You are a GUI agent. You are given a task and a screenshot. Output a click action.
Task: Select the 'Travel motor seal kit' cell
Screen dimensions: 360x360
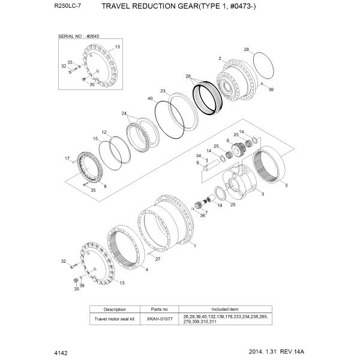click(x=114, y=319)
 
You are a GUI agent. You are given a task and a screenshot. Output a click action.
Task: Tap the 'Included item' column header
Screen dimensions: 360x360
click(x=226, y=310)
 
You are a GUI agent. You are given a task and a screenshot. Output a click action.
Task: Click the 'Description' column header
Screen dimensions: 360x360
click(x=114, y=310)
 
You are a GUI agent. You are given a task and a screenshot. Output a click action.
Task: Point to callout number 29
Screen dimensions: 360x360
click(x=246, y=49)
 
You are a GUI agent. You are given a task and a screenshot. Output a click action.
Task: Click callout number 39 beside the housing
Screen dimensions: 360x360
click(x=271, y=89)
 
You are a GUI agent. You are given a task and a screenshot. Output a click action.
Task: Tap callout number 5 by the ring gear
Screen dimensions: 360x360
click(x=286, y=186)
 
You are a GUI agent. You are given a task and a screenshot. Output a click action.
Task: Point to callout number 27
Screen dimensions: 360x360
click(x=158, y=259)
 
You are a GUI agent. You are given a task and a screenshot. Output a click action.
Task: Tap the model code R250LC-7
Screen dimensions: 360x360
click(x=67, y=7)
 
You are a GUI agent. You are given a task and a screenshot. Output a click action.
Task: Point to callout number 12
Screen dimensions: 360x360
click(x=104, y=132)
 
